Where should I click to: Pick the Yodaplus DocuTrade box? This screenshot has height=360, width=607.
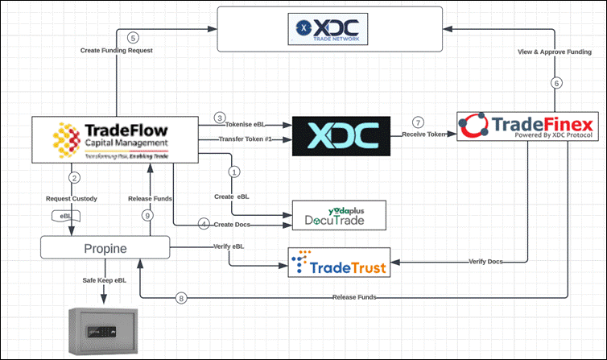339,214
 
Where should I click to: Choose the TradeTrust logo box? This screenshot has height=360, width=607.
339,263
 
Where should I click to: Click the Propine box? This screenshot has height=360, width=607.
105,248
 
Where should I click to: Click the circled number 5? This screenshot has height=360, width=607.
134,37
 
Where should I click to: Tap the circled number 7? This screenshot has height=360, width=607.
417,122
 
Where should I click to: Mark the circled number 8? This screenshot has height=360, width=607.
181,298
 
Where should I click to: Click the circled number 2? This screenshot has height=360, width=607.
74,177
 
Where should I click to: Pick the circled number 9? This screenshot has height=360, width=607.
147,215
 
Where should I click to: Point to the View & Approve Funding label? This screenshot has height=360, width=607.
554,52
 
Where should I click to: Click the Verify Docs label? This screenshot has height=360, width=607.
486,262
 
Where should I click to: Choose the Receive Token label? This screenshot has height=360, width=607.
424,134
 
